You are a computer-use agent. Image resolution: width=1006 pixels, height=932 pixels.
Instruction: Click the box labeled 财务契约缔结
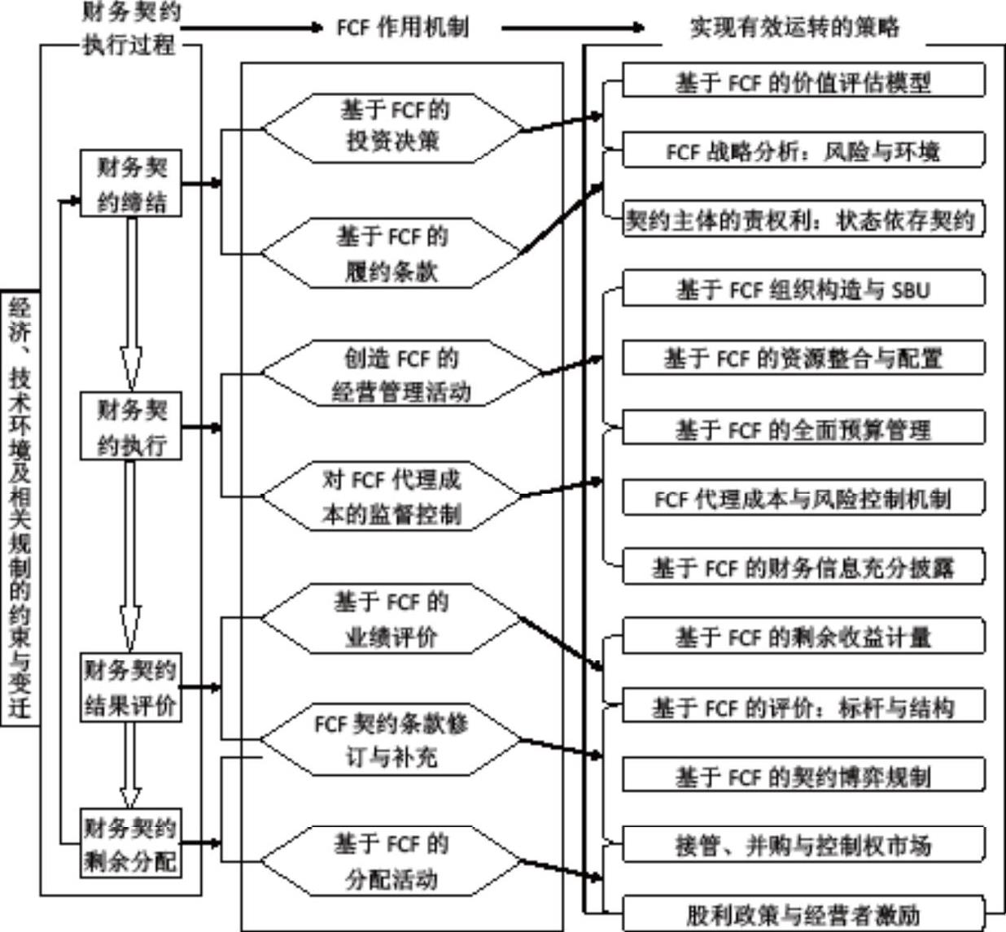(131, 183)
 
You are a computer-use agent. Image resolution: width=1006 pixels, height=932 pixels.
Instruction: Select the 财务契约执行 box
(131, 426)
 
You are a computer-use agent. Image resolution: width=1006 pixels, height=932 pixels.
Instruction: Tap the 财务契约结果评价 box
(131, 687)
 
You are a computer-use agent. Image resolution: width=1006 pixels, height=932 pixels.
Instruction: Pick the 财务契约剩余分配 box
(131, 843)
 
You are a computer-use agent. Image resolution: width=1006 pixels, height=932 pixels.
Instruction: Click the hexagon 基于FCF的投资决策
(391, 128)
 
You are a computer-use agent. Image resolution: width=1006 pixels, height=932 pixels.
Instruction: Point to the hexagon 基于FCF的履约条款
(391, 253)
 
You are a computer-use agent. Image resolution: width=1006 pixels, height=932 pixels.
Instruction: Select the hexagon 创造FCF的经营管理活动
(402, 373)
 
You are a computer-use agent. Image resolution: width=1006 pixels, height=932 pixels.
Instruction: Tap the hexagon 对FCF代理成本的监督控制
(391, 496)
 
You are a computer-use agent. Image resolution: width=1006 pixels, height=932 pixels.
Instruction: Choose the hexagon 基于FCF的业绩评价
(391, 619)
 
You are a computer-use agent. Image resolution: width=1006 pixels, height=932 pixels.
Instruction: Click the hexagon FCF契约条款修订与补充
(391, 739)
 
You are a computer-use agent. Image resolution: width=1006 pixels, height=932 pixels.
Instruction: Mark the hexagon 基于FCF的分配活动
(391, 861)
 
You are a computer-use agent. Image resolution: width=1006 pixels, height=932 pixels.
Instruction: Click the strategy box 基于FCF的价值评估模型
(804, 80)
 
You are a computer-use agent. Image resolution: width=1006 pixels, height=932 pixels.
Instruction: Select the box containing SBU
(804, 288)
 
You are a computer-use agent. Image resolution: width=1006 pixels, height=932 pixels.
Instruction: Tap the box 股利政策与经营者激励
(804, 914)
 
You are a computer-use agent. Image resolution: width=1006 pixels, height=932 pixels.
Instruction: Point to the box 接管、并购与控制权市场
(804, 844)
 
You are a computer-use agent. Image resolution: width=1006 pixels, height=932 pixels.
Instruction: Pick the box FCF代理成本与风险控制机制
(804, 499)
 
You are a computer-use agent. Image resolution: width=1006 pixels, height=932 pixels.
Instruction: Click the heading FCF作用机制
(403, 27)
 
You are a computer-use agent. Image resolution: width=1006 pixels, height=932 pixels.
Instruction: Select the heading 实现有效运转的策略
(794, 27)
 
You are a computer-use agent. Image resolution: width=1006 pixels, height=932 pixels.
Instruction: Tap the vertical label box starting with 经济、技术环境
(20, 508)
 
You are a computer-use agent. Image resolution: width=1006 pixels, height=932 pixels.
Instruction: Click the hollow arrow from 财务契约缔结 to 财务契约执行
(131, 304)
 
